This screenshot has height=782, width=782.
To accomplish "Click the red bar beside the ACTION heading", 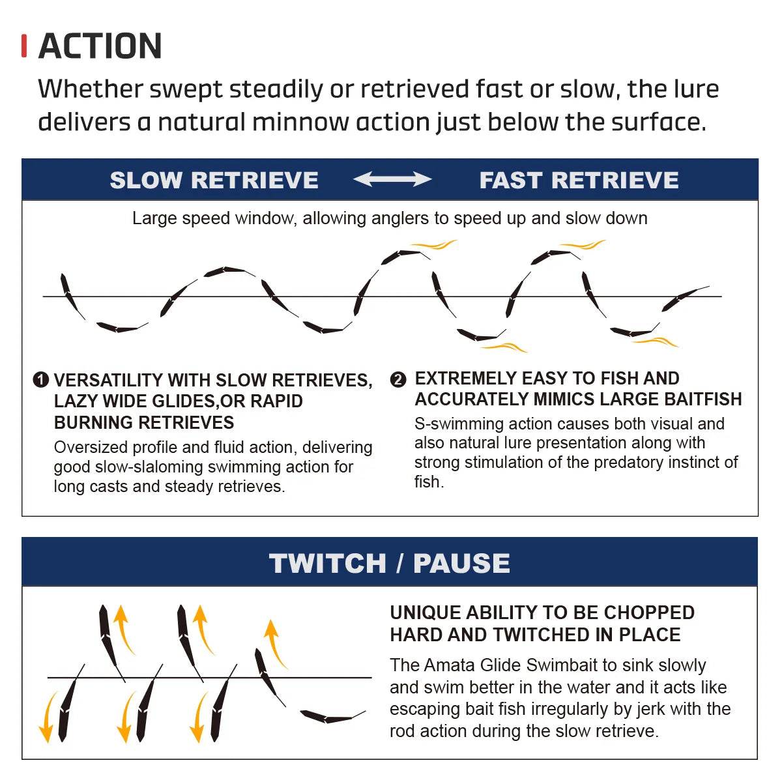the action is tap(24, 46).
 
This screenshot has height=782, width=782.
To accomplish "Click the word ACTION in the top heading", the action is tap(100, 46).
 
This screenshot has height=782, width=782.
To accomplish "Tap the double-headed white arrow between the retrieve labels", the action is tap(392, 179).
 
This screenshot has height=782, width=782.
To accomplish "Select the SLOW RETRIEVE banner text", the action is tap(214, 180).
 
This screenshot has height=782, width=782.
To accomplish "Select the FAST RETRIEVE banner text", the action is tap(579, 180).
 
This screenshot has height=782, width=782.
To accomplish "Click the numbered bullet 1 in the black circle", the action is tap(40, 380).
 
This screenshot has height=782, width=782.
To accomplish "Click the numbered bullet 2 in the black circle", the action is tap(398, 379).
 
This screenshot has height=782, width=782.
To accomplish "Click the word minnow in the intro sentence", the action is tap(300, 122).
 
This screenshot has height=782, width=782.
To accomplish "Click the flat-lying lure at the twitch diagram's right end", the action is tap(332, 716).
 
